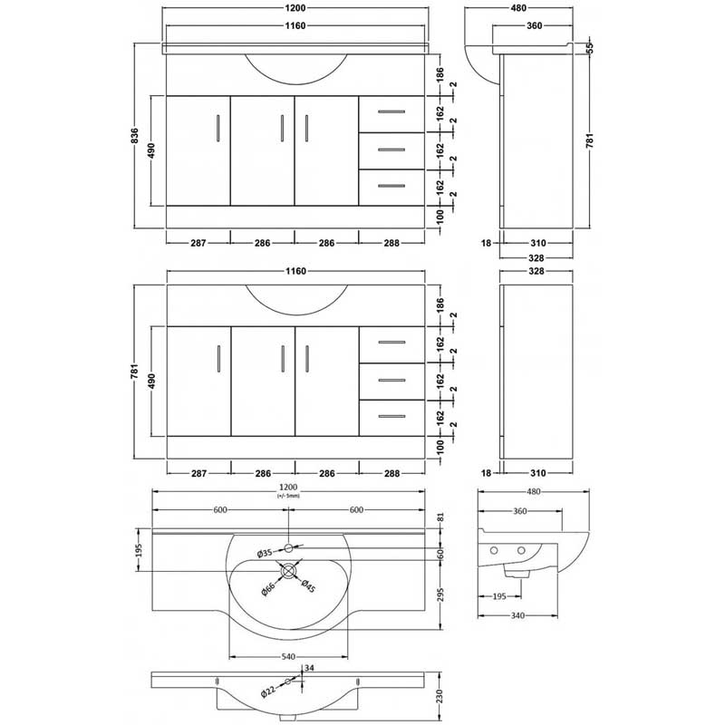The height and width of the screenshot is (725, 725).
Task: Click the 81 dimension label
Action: pos(440,517)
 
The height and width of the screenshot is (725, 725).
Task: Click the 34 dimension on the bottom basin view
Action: pos(310,670)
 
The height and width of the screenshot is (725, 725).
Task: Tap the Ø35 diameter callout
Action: pos(265,553)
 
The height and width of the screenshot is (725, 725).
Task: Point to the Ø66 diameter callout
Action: pos(268,589)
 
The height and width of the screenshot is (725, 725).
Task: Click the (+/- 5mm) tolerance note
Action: pos(287,497)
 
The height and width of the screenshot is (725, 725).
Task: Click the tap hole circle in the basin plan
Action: pos(288,547)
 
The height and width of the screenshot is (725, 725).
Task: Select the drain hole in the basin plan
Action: pos(288,570)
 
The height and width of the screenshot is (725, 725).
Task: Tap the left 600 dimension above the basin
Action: pos(220,509)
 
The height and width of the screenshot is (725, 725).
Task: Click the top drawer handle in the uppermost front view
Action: pos(391,112)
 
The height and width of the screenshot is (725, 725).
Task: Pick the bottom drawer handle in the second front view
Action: pos(391,417)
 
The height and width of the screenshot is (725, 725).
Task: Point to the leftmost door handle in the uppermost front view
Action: pos(217,127)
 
